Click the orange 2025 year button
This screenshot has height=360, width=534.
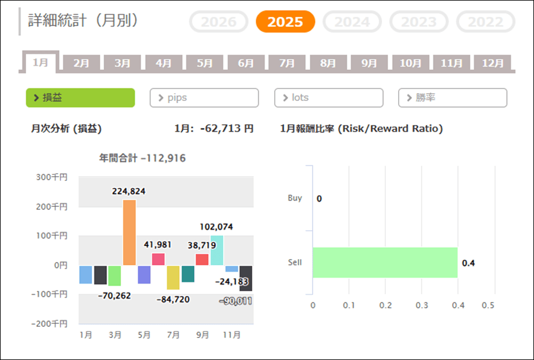(x=285, y=22)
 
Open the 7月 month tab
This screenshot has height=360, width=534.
(x=287, y=63)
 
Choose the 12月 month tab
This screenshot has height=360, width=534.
(x=492, y=63)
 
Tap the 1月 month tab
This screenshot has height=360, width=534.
(x=40, y=62)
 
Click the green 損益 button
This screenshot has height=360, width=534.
(x=80, y=97)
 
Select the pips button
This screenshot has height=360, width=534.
(x=204, y=97)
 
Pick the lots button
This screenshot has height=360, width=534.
(x=328, y=97)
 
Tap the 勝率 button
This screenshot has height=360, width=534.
(x=452, y=97)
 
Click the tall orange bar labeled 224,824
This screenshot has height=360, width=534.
(x=129, y=232)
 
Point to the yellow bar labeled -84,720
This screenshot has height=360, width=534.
(x=173, y=277)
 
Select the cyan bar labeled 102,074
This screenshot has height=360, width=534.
(x=217, y=250)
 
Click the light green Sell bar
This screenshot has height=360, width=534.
(x=385, y=262)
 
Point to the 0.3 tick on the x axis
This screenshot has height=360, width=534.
(x=421, y=305)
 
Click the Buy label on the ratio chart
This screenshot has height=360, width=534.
(x=295, y=198)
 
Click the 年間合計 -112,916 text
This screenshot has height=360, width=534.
(x=142, y=158)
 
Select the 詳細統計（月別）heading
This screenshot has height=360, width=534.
(x=84, y=21)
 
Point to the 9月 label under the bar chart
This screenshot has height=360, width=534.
(x=202, y=335)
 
